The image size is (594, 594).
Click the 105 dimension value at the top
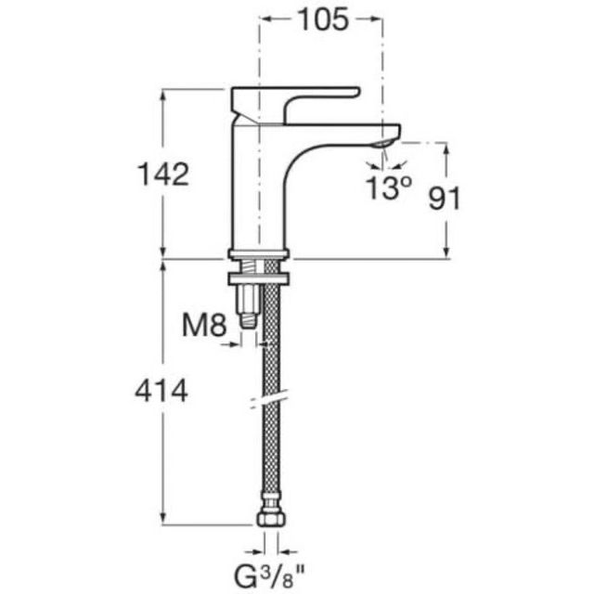coord(321,19)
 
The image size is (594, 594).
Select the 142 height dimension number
coord(162,174)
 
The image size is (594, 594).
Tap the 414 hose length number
coord(162,391)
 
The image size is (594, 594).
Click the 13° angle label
coord(387,188)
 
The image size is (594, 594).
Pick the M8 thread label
coord(203,325)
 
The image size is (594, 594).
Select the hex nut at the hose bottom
coord(270,516)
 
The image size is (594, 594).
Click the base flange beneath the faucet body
coord(259,253)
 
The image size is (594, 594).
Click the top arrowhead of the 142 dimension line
coord(164,94)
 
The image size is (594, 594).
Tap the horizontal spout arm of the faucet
coord(343,131)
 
